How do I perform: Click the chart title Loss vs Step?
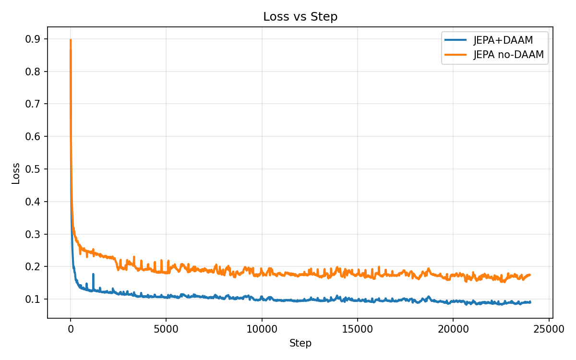click(x=300, y=17)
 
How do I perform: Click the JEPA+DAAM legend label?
click(x=503, y=40)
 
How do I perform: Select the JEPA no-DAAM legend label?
click(x=508, y=55)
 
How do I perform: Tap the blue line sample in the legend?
click(x=456, y=40)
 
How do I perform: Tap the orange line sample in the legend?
click(x=456, y=55)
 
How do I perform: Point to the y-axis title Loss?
click(x=16, y=173)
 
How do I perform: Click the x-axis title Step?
click(x=300, y=343)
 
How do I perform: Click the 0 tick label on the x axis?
click(x=71, y=329)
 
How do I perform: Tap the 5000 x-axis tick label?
click(x=166, y=329)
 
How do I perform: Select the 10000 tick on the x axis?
click(x=262, y=329)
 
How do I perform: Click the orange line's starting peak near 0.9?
click(x=71, y=40)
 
